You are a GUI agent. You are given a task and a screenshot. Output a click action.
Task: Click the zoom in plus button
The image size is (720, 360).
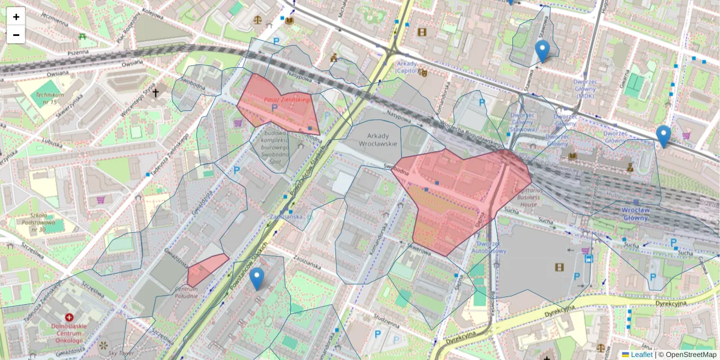(16, 17)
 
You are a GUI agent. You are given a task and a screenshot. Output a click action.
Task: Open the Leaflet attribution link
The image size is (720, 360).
(641, 355)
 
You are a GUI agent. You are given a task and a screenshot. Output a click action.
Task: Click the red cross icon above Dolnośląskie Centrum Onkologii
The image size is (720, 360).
(70, 317)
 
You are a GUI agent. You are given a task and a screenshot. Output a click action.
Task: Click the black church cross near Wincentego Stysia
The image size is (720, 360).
(156, 93)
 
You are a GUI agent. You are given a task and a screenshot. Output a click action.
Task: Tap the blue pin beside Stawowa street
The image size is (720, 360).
(542, 52)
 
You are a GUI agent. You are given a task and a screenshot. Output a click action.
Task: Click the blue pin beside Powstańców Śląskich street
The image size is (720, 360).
(257, 278)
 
